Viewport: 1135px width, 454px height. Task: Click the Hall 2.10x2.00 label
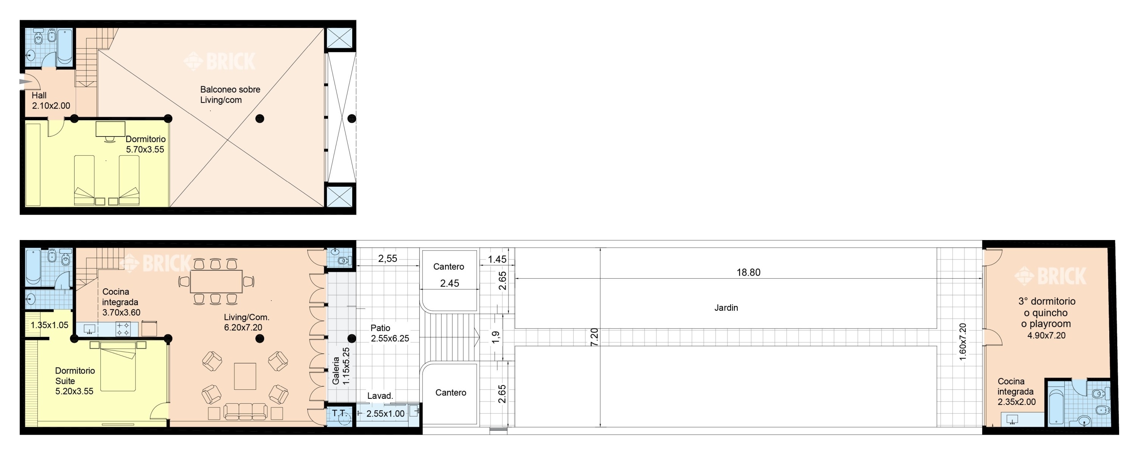pyautogui.click(x=51, y=101)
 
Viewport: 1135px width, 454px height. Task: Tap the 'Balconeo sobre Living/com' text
pyautogui.click(x=230, y=95)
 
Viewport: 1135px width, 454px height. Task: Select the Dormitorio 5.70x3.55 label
pyautogui.click(x=145, y=144)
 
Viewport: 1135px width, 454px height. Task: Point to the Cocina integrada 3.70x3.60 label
pyautogui.click(x=121, y=302)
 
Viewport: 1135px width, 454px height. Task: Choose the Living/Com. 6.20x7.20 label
pyautogui.click(x=246, y=322)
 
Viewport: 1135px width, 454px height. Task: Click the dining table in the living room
pyautogui.click(x=216, y=281)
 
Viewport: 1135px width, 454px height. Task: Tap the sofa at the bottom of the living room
pyautogui.click(x=245, y=411)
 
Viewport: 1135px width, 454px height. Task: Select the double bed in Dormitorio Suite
pyautogui.click(x=118, y=366)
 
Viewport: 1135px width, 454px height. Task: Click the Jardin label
pyautogui.click(x=726, y=308)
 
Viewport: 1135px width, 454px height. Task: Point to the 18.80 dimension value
pyautogui.click(x=748, y=273)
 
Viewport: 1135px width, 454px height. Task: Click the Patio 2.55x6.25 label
pyautogui.click(x=390, y=333)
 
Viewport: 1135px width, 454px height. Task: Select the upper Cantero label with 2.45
pyautogui.click(x=449, y=275)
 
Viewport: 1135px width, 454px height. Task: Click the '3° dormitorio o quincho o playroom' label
pyautogui.click(x=1046, y=313)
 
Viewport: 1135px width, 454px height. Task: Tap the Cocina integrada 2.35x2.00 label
pyautogui.click(x=1017, y=392)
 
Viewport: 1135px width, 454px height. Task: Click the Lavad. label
pyautogui.click(x=380, y=396)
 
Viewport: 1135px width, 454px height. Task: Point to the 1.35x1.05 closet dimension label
pyautogui.click(x=49, y=325)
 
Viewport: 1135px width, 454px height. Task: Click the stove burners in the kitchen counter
pyautogui.click(x=123, y=329)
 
